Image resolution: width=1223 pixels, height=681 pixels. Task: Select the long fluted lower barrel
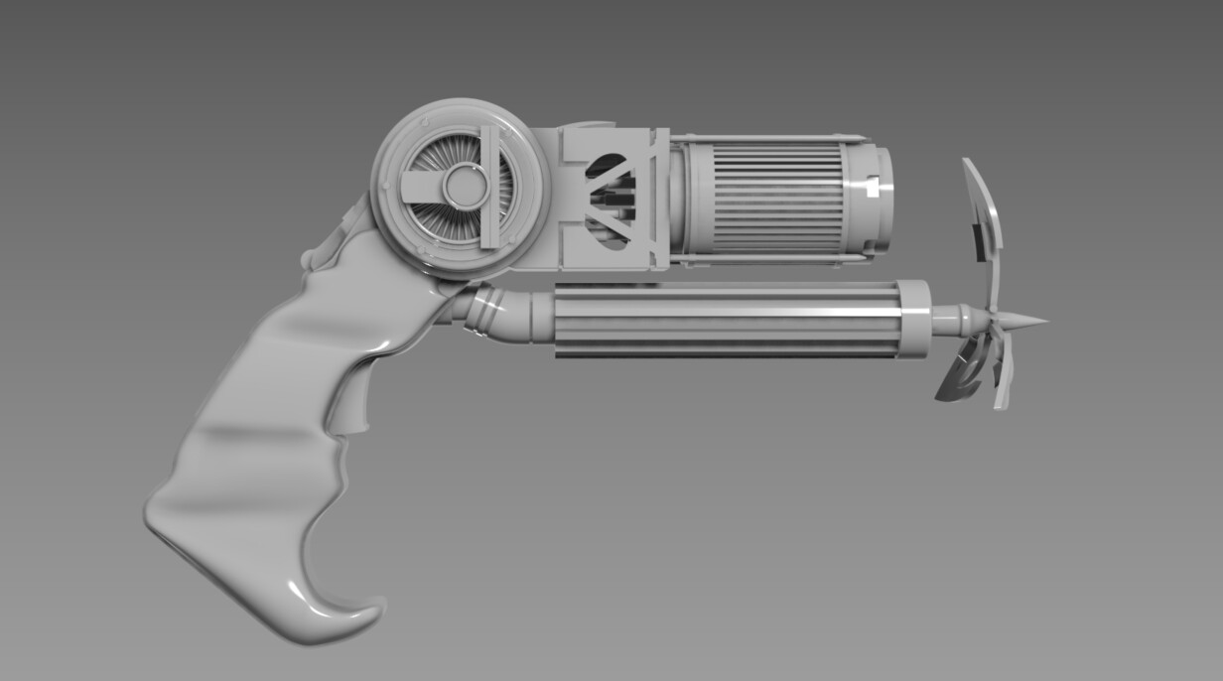click(725, 320)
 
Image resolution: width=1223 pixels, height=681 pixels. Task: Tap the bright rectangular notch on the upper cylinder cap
click(871, 187)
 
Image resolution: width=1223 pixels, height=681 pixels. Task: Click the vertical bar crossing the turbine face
click(488, 187)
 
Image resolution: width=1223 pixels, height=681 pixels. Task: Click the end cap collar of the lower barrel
click(913, 319)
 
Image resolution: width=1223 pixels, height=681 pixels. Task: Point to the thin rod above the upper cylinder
click(764, 137)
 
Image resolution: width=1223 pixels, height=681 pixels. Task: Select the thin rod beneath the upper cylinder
click(764, 259)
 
